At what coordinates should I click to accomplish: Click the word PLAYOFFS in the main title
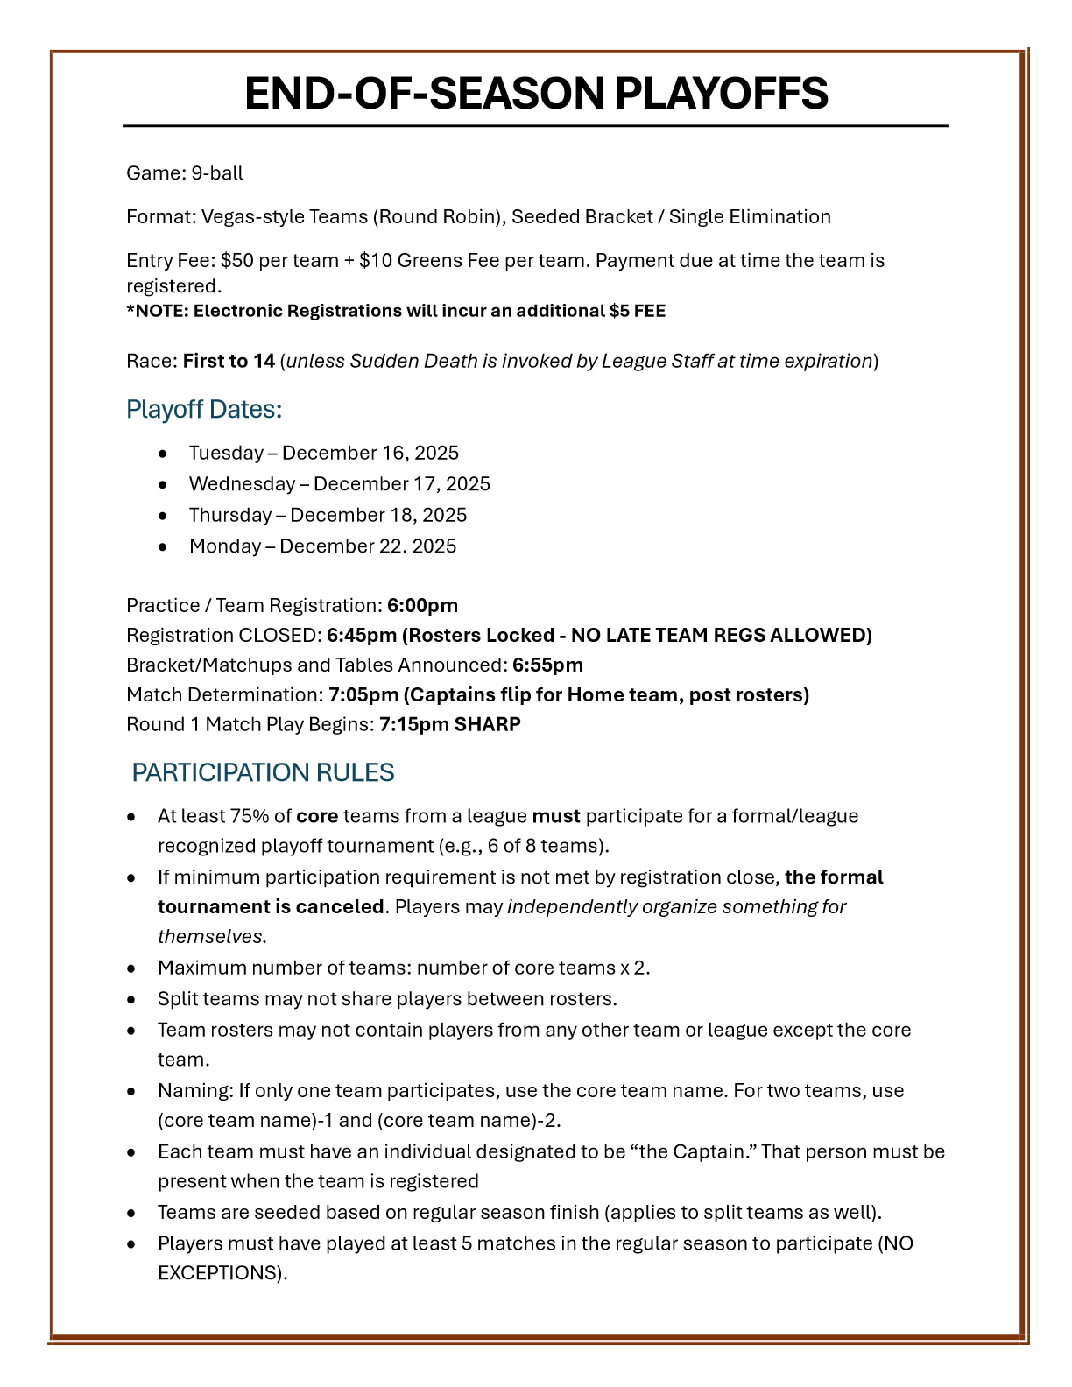(721, 94)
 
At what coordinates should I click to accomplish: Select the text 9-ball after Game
(217, 173)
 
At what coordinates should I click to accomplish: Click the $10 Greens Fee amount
(375, 261)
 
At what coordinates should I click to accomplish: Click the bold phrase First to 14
(229, 361)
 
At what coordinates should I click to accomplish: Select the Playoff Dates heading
(204, 409)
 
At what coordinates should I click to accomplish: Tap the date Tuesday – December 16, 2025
(323, 453)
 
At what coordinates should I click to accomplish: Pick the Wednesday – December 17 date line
(339, 484)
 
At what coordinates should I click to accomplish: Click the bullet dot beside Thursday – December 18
(163, 516)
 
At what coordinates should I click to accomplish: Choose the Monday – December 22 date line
(322, 546)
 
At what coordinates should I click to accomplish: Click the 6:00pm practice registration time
(422, 606)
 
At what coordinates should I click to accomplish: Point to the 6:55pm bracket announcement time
(547, 665)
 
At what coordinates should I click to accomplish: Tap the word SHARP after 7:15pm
(487, 725)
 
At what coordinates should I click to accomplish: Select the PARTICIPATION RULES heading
(263, 772)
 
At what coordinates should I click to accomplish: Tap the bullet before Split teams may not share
(131, 999)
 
